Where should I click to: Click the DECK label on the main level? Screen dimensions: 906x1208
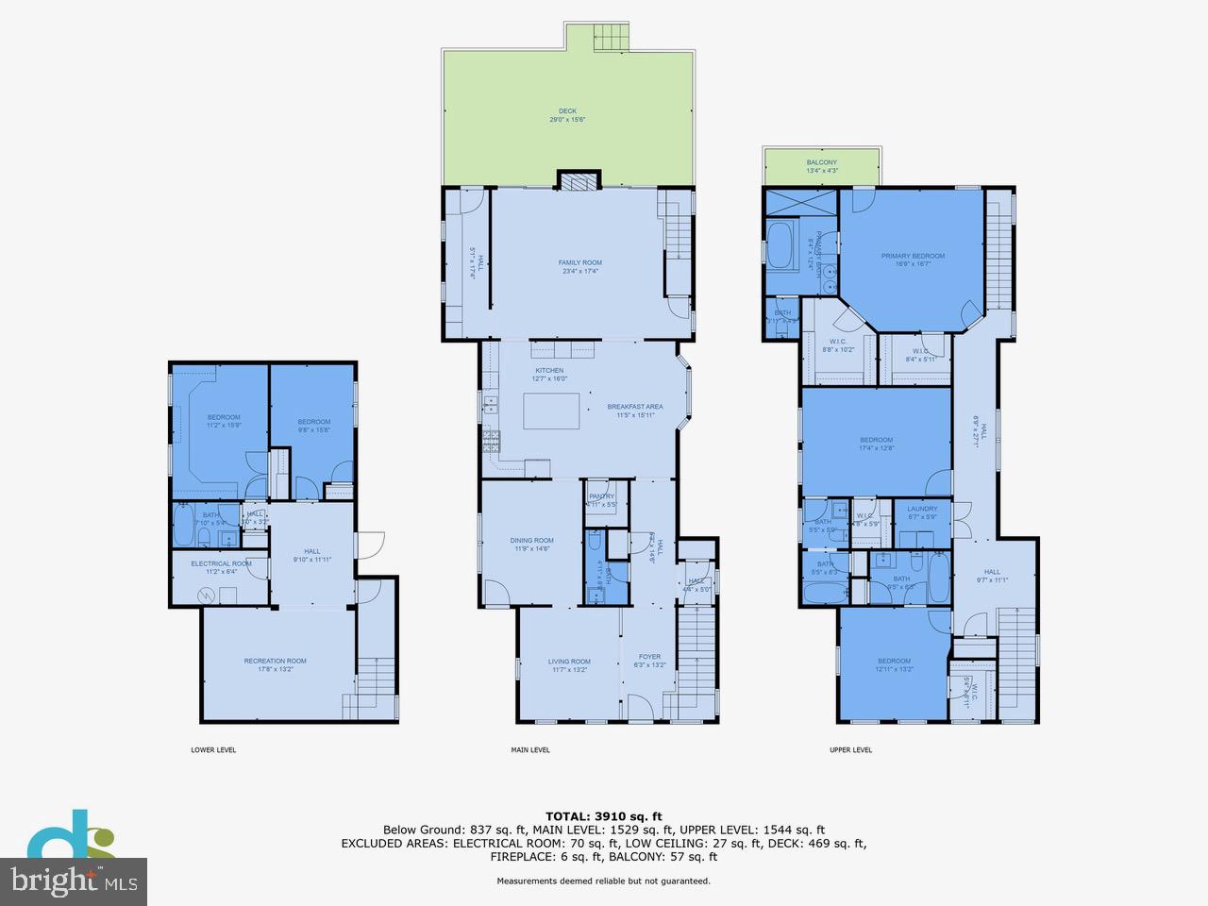click(x=567, y=111)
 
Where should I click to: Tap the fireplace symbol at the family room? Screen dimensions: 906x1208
click(x=578, y=181)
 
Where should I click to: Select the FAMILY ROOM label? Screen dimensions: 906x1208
click(x=579, y=263)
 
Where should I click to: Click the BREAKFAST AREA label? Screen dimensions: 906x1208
click(x=640, y=407)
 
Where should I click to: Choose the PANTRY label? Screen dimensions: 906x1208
click(x=601, y=496)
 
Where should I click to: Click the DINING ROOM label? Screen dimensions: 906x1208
click(x=531, y=541)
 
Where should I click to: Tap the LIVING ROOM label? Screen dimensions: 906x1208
click(x=569, y=662)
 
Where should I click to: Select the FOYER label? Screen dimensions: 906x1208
click(x=649, y=657)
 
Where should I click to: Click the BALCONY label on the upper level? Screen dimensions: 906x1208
click(x=821, y=162)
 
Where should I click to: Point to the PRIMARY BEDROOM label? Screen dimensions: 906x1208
click(x=913, y=256)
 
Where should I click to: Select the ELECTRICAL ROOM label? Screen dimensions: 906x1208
click(x=221, y=563)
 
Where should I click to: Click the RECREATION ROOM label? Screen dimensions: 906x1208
click(x=275, y=661)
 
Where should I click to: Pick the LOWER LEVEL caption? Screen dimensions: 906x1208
click(x=213, y=750)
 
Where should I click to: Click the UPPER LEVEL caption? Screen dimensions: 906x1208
click(x=850, y=750)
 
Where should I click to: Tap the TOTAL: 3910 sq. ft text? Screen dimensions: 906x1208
click(x=604, y=816)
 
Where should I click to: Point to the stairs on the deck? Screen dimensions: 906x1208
click(x=610, y=38)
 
